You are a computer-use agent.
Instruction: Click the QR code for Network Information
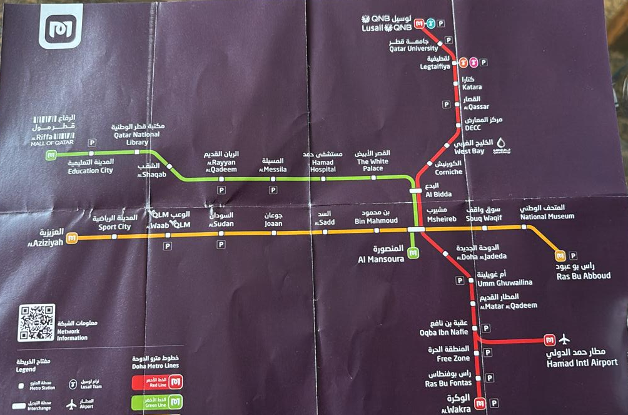(36, 322)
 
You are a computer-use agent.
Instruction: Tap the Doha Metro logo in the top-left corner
(60, 27)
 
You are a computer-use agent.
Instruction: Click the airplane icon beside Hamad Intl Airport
(564, 339)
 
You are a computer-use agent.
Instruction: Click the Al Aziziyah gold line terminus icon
(73, 238)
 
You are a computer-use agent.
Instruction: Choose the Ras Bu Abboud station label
(583, 271)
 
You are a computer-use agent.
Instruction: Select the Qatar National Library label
(136, 134)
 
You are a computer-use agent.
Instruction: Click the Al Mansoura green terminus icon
(413, 253)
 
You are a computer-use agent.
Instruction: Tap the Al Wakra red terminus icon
(480, 404)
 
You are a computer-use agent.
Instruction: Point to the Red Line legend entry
(156, 381)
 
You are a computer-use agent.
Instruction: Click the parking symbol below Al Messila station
(273, 189)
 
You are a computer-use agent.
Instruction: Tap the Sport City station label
(114, 223)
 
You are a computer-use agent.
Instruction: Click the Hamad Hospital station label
(323, 161)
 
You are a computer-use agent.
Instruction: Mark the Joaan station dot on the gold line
(273, 233)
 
